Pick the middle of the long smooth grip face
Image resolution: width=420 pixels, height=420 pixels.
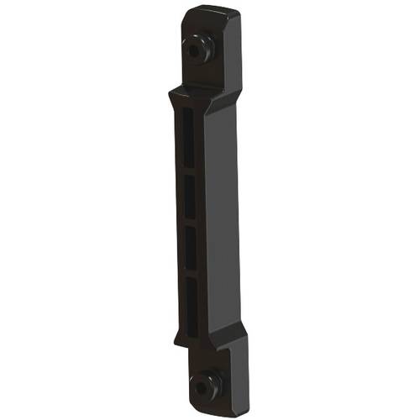coord(220,218)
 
